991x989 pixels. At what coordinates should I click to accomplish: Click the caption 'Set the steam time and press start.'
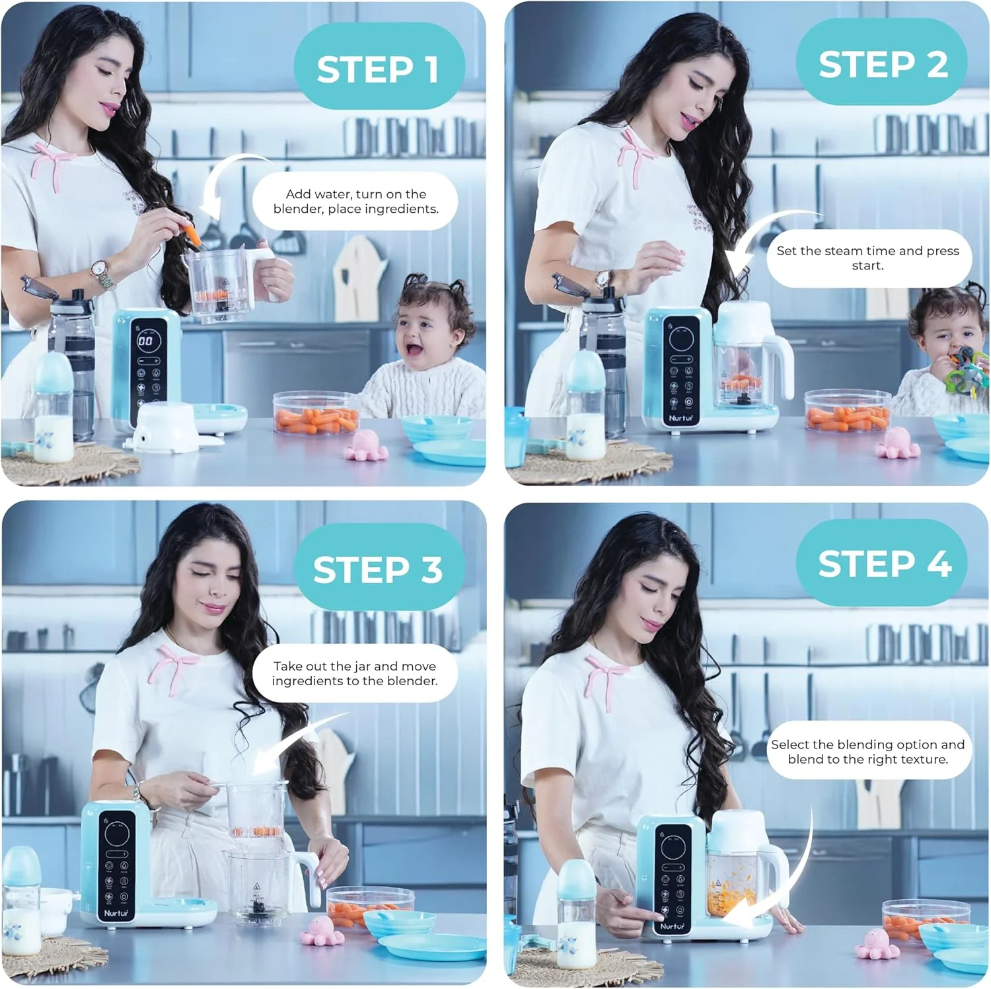click(x=868, y=258)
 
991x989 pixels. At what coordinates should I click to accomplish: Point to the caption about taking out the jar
click(x=355, y=673)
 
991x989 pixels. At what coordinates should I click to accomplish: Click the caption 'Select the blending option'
click(x=868, y=752)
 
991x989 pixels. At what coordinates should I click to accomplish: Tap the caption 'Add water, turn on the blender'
click(x=355, y=201)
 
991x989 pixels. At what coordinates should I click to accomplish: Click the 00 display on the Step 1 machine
click(x=145, y=341)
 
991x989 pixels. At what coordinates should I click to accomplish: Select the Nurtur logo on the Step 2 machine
click(x=680, y=418)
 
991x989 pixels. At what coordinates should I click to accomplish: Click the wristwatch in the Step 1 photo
click(x=100, y=271)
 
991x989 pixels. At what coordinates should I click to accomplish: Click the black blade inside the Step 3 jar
click(x=256, y=906)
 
